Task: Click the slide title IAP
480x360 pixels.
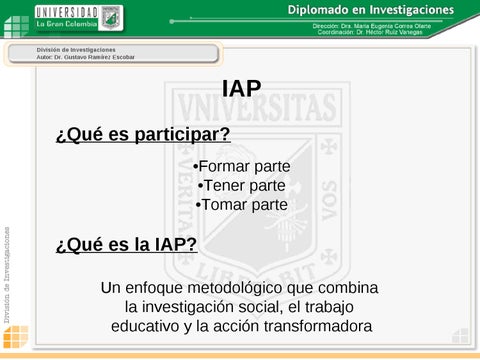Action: [x=241, y=91]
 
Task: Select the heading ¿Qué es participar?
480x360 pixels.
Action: [x=143, y=135]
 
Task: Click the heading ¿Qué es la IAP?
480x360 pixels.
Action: [x=126, y=244]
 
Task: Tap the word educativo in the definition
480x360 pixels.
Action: [x=149, y=326]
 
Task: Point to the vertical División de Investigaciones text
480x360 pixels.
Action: [x=7, y=269]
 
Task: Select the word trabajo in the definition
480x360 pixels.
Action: [x=328, y=307]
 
